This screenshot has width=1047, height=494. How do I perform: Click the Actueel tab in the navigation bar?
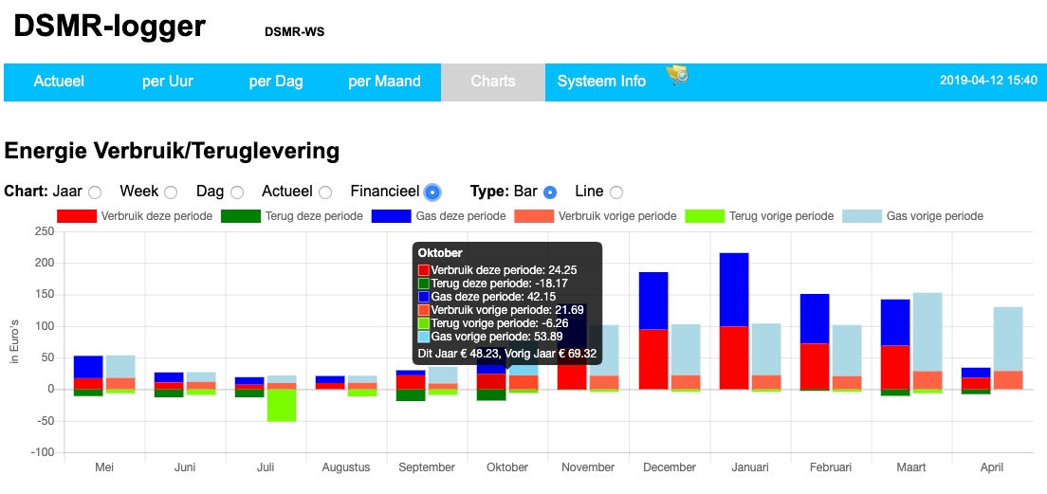click(59, 82)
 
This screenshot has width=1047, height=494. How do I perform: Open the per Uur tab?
click(168, 82)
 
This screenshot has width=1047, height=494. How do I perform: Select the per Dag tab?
click(276, 82)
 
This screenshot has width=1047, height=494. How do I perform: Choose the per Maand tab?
click(384, 82)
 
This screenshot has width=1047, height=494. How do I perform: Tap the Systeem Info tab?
click(601, 82)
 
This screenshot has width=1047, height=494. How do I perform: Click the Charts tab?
click(493, 82)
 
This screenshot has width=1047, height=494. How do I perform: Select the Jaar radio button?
click(95, 192)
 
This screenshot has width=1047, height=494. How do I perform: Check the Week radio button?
click(171, 192)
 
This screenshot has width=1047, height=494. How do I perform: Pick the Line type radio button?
click(616, 192)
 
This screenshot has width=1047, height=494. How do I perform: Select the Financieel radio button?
click(432, 192)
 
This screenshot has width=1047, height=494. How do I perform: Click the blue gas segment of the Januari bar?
click(734, 289)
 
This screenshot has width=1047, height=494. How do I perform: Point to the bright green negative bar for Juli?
click(282, 405)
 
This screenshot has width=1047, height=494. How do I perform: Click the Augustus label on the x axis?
click(346, 467)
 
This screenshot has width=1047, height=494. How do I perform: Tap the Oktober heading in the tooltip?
click(440, 253)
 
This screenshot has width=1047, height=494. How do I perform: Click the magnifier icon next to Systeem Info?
click(677, 74)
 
